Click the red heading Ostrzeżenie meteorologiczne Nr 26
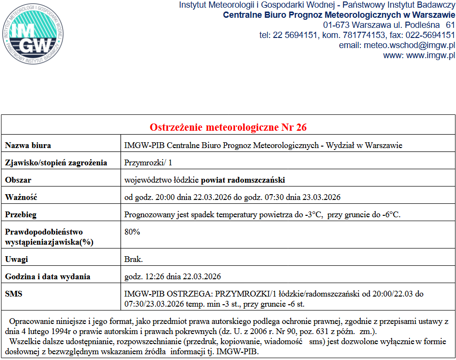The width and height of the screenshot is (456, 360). click(228, 127)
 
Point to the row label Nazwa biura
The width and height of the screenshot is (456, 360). click(28, 145)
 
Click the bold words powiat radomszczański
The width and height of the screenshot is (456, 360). click(243, 180)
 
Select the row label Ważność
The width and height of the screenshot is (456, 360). click(21, 197)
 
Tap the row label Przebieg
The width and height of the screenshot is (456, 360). click(21, 214)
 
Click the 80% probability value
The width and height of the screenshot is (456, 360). click(132, 232)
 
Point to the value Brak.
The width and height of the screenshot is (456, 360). click(134, 259)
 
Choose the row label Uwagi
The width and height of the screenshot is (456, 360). click(17, 259)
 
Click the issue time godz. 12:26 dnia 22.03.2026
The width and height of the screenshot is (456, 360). click(173, 276)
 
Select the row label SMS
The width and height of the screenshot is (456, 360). click(13, 293)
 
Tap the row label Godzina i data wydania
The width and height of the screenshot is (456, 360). click(48, 276)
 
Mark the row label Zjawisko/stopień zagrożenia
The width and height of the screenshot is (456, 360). click(56, 162)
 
